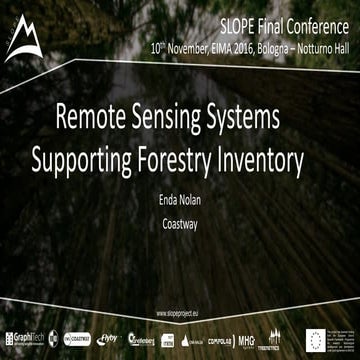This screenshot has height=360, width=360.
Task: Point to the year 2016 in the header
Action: (248, 46)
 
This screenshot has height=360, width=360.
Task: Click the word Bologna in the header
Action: (282, 46)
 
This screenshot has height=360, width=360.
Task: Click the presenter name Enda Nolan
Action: (180, 200)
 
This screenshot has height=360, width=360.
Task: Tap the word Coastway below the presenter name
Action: (180, 224)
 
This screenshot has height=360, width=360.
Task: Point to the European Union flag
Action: (300, 339)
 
